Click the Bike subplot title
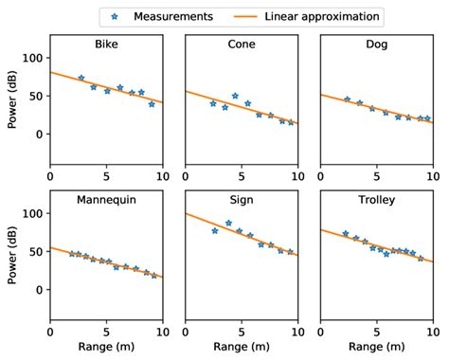coord(107,45)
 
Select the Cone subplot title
coord(242,45)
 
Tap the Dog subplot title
coord(376,45)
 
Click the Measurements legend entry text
coord(173,16)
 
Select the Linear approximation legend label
coord(322,16)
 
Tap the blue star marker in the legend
coord(117,16)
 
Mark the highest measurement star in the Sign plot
coord(228,224)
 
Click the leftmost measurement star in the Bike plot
coord(81,78)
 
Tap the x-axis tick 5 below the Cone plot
coord(242,175)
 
